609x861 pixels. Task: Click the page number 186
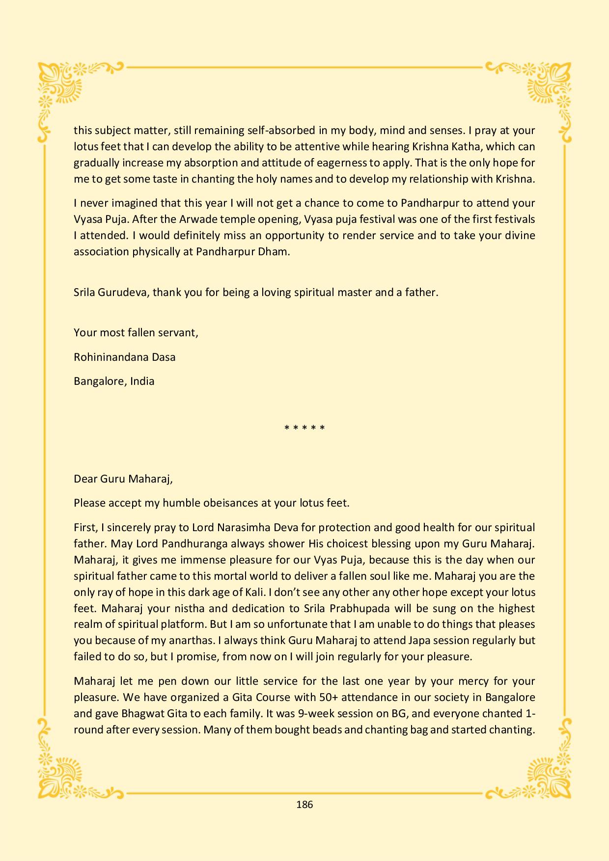pos(304,805)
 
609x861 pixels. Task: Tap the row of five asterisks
pos(304,428)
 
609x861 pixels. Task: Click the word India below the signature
pos(142,381)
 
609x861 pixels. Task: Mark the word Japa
pos(420,641)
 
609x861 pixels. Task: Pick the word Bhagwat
pos(136,714)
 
